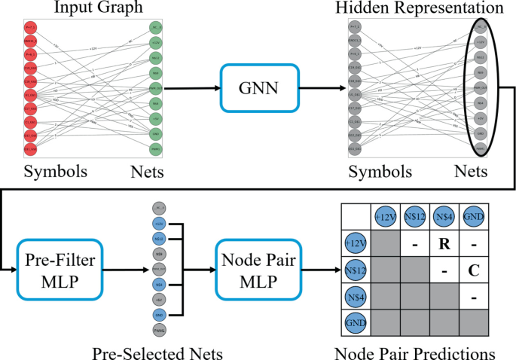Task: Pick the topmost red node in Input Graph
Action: pos(31,28)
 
